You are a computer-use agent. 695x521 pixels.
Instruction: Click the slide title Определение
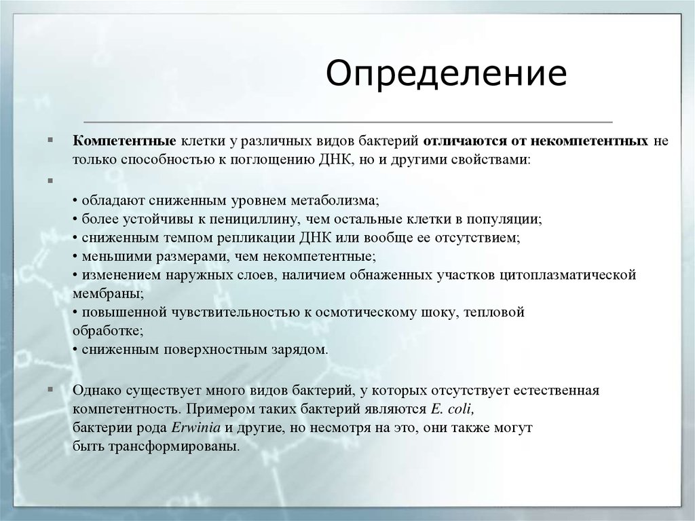pyautogui.click(x=446, y=74)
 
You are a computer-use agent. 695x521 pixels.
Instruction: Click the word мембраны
pyautogui.click(x=106, y=293)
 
